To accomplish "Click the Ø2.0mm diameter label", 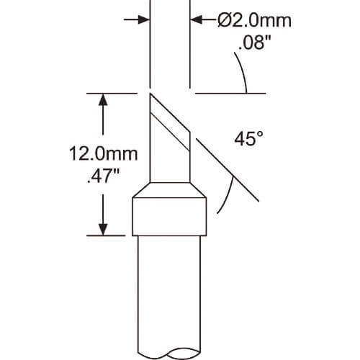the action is (254, 20).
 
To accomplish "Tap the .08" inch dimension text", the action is (254, 43).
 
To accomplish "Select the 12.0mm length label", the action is (104, 153).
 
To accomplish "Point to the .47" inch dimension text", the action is (104, 176).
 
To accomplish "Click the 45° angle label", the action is (248, 139).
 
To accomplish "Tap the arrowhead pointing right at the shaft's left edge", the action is (143, 19).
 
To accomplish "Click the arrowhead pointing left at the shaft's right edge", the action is (197, 19).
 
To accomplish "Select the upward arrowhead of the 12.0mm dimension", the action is (103, 99).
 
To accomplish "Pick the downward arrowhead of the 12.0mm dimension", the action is (103, 230).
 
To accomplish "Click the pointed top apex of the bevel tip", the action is (150, 94).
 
